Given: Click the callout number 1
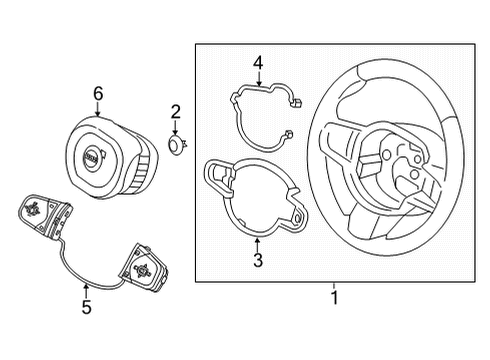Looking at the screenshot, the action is (x=335, y=298).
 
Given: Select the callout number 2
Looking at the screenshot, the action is (x=176, y=112).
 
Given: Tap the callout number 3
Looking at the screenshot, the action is (x=258, y=260).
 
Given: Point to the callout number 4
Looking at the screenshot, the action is (x=258, y=63).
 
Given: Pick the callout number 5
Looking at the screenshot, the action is (x=86, y=307).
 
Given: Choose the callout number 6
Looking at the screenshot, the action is (x=98, y=94).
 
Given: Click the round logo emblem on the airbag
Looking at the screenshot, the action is (x=92, y=157).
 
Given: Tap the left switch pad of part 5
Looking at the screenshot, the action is (x=45, y=213).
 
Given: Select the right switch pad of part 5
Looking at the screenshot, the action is (x=144, y=268).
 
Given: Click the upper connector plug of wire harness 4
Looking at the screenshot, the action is (x=296, y=103).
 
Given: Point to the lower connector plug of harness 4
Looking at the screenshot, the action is (x=288, y=134).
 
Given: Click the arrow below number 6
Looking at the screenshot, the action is (x=98, y=109).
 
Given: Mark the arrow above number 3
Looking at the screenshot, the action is (x=257, y=244).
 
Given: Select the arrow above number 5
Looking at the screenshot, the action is (x=86, y=290).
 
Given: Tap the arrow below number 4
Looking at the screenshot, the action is (x=259, y=79).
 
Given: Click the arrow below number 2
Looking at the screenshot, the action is (x=176, y=128).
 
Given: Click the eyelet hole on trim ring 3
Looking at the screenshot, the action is (x=297, y=218).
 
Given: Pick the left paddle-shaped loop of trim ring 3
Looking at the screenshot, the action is (x=219, y=177).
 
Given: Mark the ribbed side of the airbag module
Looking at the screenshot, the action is (x=139, y=167).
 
